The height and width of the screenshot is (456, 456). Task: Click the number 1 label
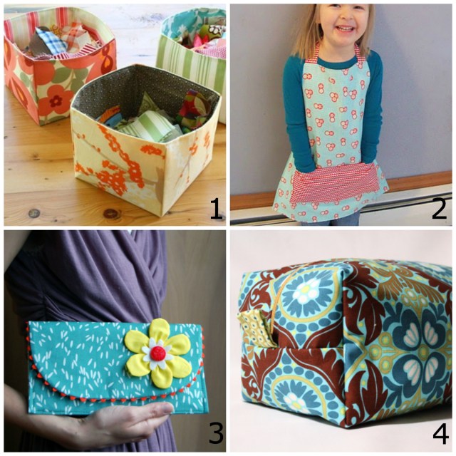[217, 208]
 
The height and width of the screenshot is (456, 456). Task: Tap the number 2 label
[439, 208]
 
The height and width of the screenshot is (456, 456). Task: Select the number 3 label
[216, 432]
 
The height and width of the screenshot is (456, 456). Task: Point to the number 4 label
[441, 433]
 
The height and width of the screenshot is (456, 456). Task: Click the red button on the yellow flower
[158, 353]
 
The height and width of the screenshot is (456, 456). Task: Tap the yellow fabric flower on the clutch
[158, 353]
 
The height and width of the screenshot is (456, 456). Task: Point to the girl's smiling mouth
[343, 28]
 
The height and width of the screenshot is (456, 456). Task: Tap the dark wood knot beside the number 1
[113, 214]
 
